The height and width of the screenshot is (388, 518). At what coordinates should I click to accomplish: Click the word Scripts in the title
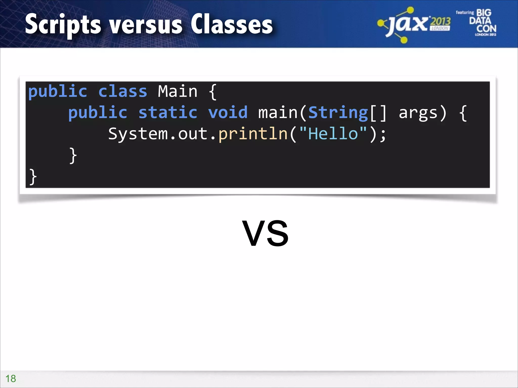63,25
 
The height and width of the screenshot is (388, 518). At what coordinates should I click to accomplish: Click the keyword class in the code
123,91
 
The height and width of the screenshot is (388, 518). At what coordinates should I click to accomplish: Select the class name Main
178,91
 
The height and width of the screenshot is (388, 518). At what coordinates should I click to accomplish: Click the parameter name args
418,113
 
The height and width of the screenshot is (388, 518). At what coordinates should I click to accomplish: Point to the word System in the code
138,134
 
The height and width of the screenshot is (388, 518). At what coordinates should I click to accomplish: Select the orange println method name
253,134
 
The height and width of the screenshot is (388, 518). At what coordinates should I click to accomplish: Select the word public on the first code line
58,92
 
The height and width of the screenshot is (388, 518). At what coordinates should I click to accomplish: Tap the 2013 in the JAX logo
440,22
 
